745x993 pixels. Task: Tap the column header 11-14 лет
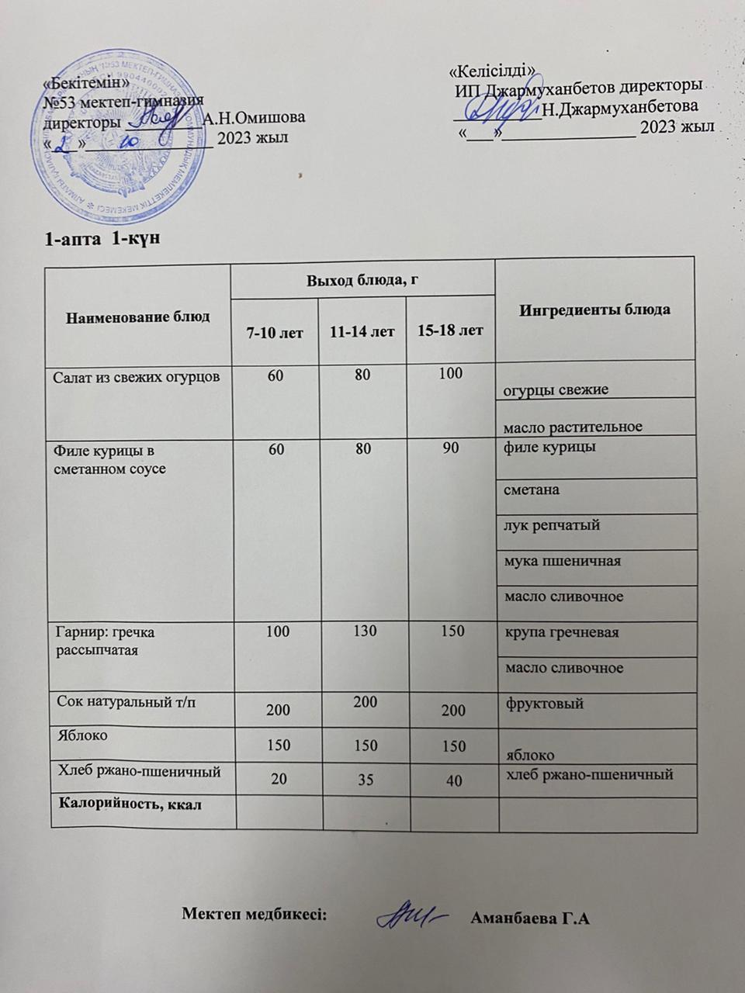tap(362, 332)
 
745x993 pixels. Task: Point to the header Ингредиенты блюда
tap(594, 310)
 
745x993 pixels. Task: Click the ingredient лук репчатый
tap(552, 525)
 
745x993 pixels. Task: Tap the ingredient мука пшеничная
tap(562, 561)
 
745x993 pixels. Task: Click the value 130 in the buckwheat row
tap(362, 631)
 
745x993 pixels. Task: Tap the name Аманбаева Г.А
tap(531, 920)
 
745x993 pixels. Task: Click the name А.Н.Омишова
tap(253, 118)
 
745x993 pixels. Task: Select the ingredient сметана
tap(532, 490)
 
